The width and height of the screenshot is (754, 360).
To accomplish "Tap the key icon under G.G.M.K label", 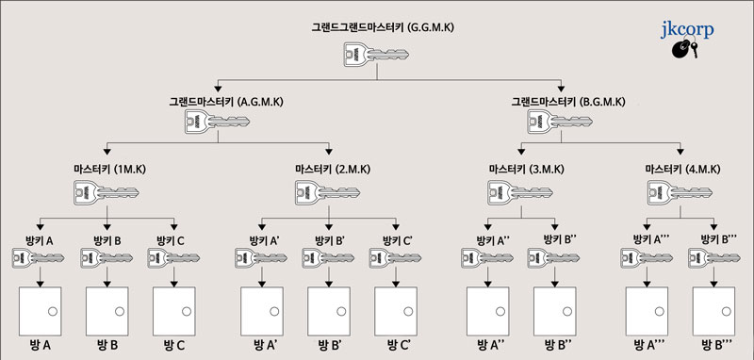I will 362,56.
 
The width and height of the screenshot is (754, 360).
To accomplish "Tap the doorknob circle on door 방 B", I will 121,311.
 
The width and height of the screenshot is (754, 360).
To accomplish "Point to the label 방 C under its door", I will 174,345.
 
